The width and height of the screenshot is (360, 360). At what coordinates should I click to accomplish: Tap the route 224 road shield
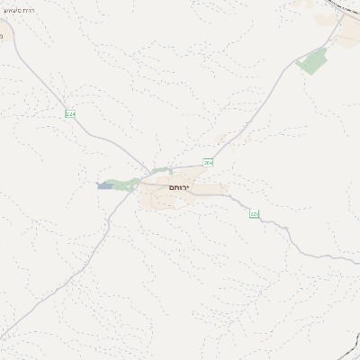[x=69, y=113]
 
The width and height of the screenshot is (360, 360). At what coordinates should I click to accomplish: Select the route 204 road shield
[x=208, y=162]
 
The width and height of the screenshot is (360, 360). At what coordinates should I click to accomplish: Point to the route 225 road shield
[x=254, y=213]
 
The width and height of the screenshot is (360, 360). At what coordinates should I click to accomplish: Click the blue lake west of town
[x=105, y=185]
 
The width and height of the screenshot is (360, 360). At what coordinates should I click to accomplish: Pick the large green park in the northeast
[x=314, y=61]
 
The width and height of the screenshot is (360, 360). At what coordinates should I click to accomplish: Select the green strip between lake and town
[x=127, y=183]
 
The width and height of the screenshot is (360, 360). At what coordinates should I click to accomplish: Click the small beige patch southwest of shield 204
[x=221, y=139]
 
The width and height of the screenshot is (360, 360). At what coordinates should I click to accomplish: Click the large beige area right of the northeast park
[x=346, y=36]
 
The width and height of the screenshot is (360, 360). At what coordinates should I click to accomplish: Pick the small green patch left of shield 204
[x=162, y=169]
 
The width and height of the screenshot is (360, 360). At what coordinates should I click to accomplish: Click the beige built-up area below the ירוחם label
[x=171, y=200]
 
